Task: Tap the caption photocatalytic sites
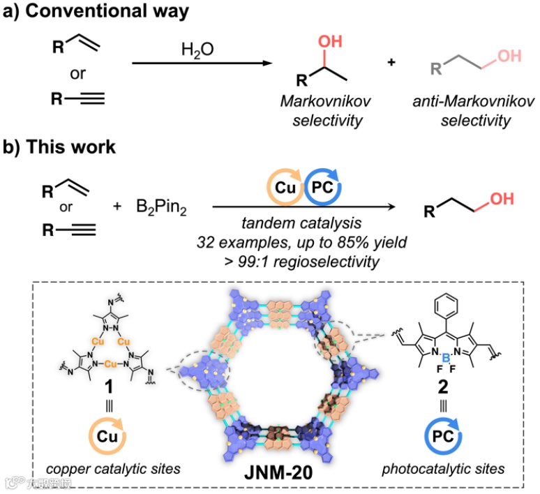pos(443,469)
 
